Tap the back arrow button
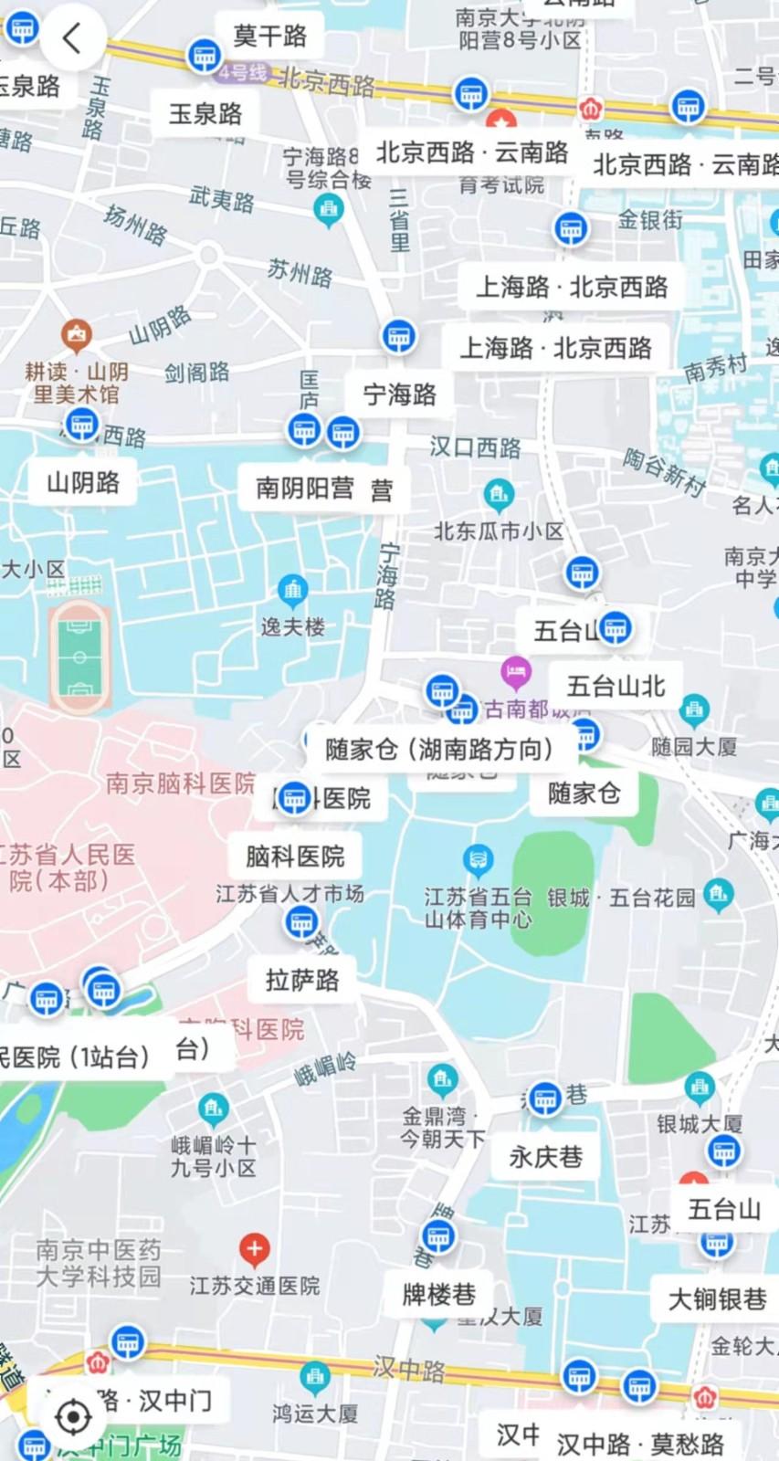72,38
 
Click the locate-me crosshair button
73,1416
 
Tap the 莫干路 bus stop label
269,37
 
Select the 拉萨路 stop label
302,981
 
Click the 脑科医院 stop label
295,857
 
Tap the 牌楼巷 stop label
439,1295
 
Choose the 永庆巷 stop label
546,1158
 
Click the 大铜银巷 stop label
717,1299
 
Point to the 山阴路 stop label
83,482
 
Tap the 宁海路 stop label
400,394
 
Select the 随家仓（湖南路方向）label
440,750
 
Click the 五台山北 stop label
616,686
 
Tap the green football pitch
79,656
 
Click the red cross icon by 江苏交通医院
254,1247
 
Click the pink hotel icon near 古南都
516,673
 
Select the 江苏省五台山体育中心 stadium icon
478,859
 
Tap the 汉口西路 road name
475,447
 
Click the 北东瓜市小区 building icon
498,495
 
